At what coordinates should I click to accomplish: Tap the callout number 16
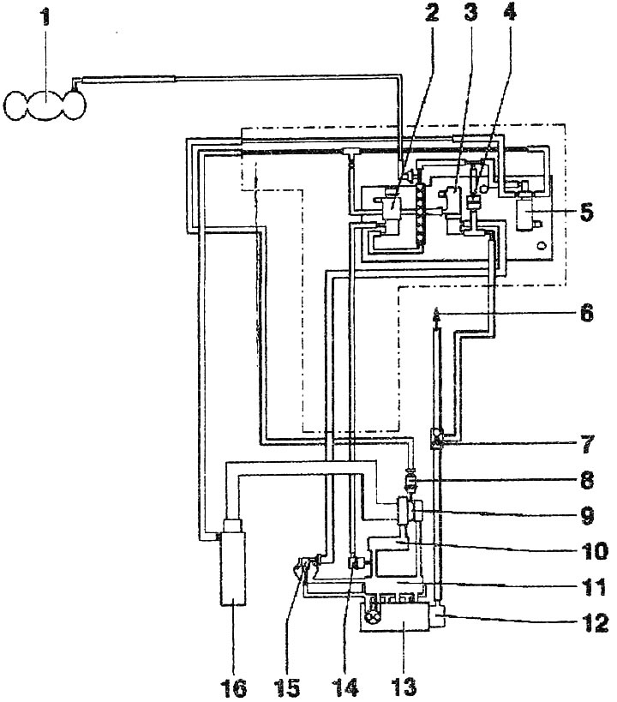pyautogui.click(x=234, y=687)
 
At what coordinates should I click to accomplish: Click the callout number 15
pyautogui.click(x=292, y=687)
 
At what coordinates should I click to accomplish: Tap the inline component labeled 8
pyautogui.click(x=410, y=482)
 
